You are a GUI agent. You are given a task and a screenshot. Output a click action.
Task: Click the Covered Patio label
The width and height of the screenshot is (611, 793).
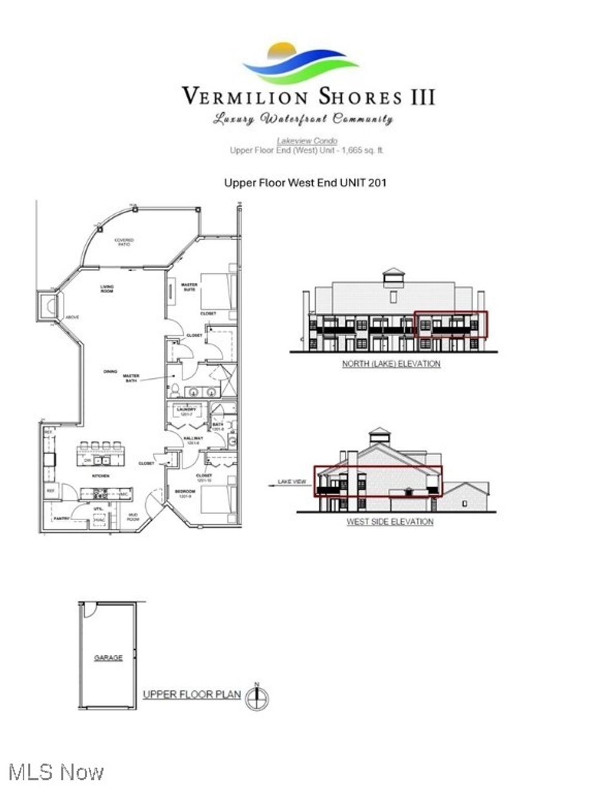pyautogui.click(x=124, y=242)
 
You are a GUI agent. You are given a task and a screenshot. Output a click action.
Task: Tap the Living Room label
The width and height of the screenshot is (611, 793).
pyautogui.click(x=107, y=289)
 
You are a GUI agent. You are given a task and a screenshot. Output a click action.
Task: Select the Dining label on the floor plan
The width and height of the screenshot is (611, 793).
pyautogui.click(x=110, y=371)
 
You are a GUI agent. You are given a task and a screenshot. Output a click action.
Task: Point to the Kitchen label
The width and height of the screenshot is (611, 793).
pyautogui.click(x=100, y=476)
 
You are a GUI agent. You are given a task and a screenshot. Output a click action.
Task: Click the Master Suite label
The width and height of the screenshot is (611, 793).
pyautogui.click(x=189, y=287)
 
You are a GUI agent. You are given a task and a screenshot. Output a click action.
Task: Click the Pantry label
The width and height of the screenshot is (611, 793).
pyautogui.click(x=62, y=518)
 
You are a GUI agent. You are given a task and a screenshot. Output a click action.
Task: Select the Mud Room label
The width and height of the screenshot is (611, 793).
pyautogui.click(x=133, y=517)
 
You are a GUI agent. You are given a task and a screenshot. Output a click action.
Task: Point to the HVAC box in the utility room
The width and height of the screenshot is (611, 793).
pyautogui.click(x=99, y=521)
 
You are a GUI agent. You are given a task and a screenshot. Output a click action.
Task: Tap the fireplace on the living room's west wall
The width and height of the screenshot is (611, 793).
pyautogui.click(x=47, y=307)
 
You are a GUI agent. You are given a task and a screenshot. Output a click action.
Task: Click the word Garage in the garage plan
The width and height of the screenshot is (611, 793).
pyautogui.click(x=108, y=657)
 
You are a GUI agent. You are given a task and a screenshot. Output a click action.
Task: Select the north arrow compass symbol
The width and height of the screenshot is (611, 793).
pyautogui.click(x=257, y=698)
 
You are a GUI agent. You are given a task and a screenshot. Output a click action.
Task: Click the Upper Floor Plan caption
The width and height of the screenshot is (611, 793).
pyautogui.click(x=192, y=694)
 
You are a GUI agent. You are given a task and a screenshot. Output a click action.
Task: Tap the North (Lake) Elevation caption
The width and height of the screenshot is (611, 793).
pyautogui.click(x=391, y=364)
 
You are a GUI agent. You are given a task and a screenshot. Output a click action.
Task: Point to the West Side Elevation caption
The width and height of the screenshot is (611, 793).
pyautogui.click(x=390, y=521)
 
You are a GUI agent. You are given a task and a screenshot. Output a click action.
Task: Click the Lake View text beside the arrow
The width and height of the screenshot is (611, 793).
pyautogui.click(x=292, y=481)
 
